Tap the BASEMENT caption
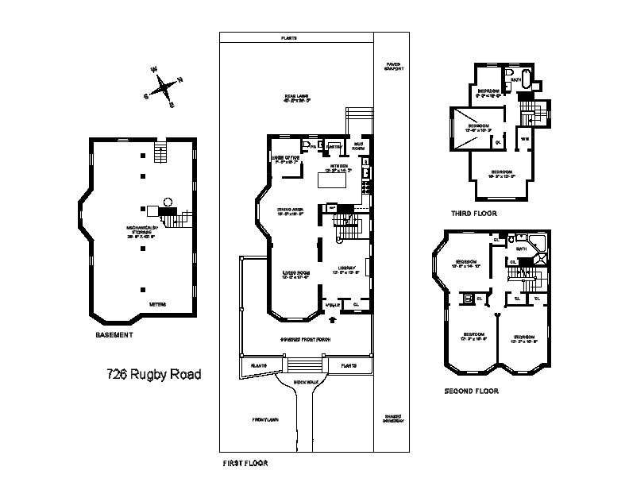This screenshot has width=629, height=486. click(114, 335)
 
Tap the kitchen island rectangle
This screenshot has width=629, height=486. click(334, 180)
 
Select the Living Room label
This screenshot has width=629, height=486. click(295, 275)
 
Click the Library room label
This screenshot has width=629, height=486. click(347, 270)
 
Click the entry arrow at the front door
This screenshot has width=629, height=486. click(332, 320)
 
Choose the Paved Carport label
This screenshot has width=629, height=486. click(393, 66)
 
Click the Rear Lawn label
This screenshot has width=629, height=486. click(296, 99)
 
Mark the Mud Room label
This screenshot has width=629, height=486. click(358, 146)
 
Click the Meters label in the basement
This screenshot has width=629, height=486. click(157, 303)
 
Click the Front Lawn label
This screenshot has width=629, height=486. click(263, 419)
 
